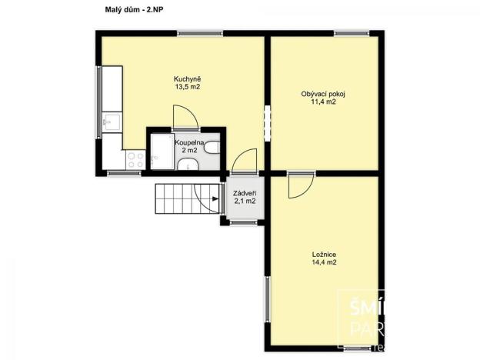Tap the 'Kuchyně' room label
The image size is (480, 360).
(x=188, y=79)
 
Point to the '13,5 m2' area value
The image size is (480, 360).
(x=188, y=87)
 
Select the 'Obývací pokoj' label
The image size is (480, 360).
(x=323, y=94)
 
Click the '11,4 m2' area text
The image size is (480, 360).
(x=323, y=102)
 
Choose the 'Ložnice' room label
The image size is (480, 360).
(x=323, y=255)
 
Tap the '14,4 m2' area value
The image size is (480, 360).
(x=323, y=262)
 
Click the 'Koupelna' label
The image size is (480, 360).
(x=189, y=143)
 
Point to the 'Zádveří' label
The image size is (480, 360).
(x=245, y=192)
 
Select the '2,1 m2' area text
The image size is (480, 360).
(x=245, y=201)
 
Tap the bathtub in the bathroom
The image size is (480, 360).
(x=162, y=153)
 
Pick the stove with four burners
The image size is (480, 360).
(x=135, y=159)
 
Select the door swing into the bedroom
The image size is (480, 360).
(x=301, y=185)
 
